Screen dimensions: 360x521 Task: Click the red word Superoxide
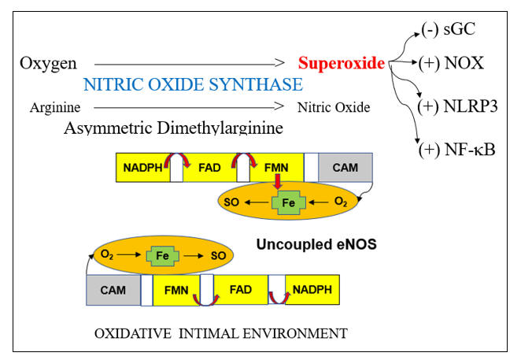coord(342,62)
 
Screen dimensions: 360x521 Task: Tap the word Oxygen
coord(46,63)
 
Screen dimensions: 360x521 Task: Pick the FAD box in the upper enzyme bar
coord(210,169)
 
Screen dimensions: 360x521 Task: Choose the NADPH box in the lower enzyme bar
coord(312,290)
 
